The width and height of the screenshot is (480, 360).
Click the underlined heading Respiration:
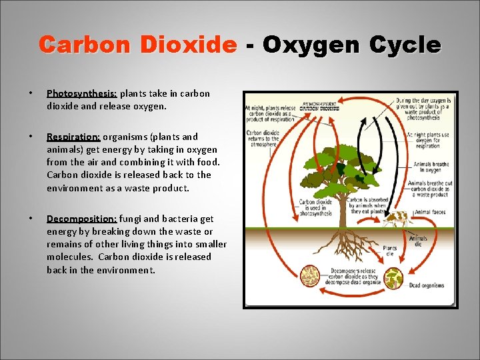(x=73, y=137)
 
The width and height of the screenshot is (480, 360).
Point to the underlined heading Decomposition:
(x=82, y=218)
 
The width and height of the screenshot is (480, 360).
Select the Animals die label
(x=419, y=241)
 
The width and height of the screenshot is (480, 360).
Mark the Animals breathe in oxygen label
(x=432, y=167)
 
